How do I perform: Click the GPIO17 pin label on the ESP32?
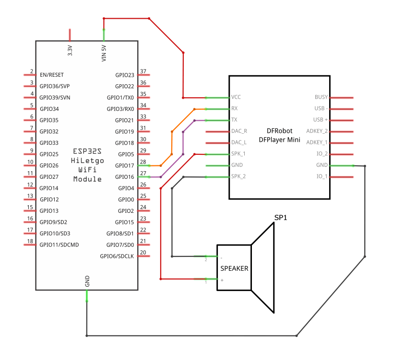pos(125,165)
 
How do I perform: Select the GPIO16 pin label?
pos(125,177)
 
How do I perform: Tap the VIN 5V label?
pos(104,52)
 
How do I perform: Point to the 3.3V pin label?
pos(70,50)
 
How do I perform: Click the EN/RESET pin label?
pos(51,75)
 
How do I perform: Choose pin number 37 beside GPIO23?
pos(143,72)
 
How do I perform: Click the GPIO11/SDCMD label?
pos(59,244)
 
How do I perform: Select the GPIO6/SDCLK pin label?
pos(117,256)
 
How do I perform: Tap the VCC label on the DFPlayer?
pos(236,97)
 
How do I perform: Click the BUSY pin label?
pos(321,97)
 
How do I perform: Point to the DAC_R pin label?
pos(239,131)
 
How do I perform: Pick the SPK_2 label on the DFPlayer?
pos(238,176)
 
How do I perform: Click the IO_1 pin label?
pos(322,176)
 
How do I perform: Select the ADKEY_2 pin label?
pos(317,131)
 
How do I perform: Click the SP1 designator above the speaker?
pos(281,218)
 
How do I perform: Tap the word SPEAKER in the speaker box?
pos(234,268)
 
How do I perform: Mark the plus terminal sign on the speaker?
pos(221,280)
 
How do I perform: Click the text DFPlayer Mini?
pos(279,140)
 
